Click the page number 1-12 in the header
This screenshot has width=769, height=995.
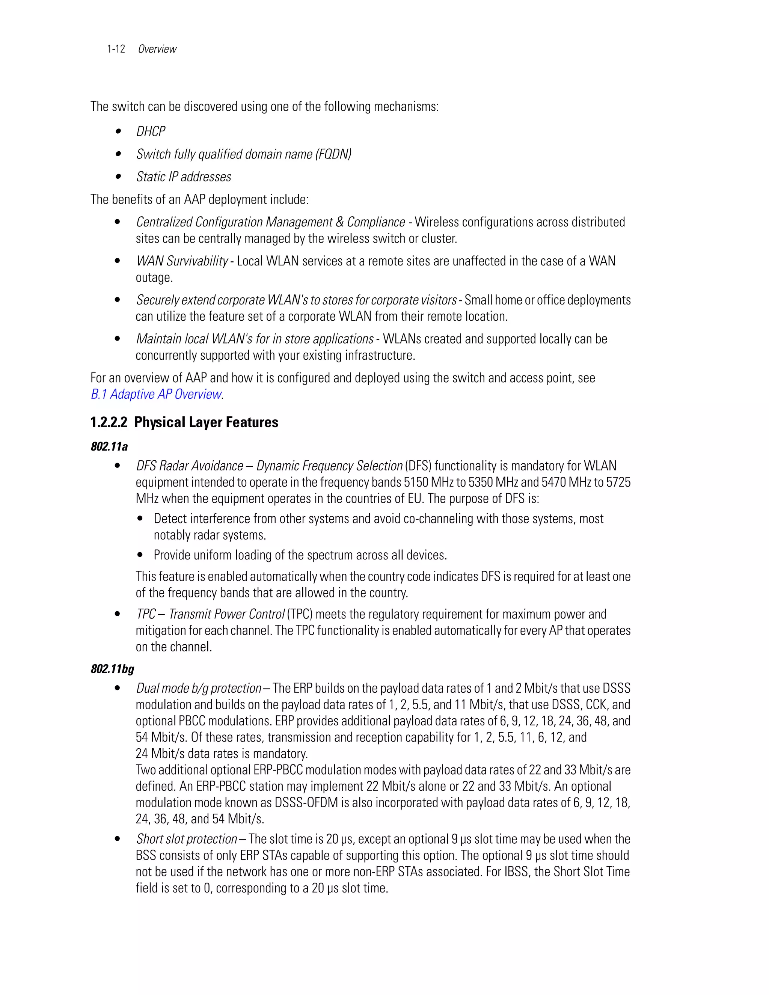pos(116,49)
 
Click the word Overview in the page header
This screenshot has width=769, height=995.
pos(157,49)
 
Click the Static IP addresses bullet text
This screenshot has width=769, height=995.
pos(184,177)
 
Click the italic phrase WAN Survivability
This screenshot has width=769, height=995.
pos(182,261)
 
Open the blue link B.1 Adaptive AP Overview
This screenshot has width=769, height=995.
pos(156,394)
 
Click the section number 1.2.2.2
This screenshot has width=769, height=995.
pos(109,422)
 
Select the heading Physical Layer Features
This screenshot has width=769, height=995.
pos(206,422)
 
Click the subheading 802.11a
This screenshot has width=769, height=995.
pos(109,446)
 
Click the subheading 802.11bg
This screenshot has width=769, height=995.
pos(113,669)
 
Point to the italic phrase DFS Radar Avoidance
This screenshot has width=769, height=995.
pos(190,466)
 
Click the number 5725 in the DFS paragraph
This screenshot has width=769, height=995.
pos(618,482)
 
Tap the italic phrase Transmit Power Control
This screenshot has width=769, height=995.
pos(226,614)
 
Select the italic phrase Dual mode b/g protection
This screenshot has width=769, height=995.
pos(199,688)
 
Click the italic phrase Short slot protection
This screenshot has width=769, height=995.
pos(186,839)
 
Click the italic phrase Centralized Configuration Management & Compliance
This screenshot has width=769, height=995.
pos(271,222)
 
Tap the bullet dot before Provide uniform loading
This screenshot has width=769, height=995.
pos(140,555)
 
